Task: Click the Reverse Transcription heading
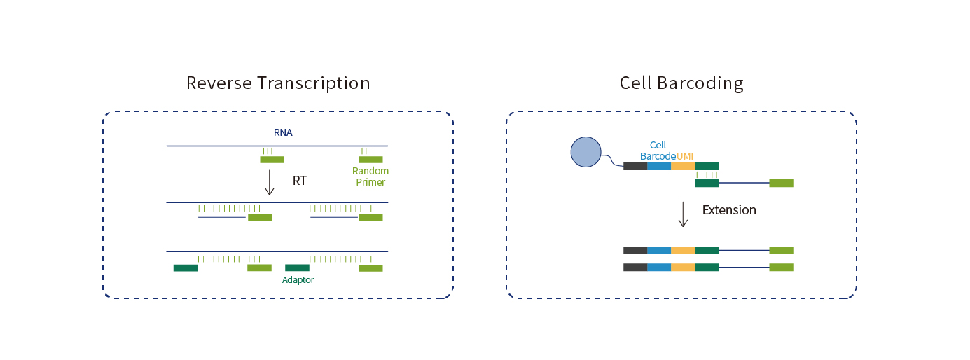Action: pos(278,83)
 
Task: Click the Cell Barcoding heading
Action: pos(681,83)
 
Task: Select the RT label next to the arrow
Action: pos(300,180)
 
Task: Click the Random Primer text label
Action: pos(370,176)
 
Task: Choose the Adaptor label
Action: pos(298,279)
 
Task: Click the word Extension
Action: pos(729,210)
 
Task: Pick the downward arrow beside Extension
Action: pos(683,214)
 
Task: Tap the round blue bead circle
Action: pos(586,152)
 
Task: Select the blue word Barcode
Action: pos(658,156)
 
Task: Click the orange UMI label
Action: pos(685,156)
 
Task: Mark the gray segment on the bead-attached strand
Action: pos(635,167)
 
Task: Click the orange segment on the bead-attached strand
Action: pos(683,167)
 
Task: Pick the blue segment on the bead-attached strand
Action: pos(659,167)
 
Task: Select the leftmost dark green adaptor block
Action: pos(186,268)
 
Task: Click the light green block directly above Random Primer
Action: pos(370,160)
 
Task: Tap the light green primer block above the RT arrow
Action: pos(272,160)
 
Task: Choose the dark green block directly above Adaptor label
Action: pos(297,268)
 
